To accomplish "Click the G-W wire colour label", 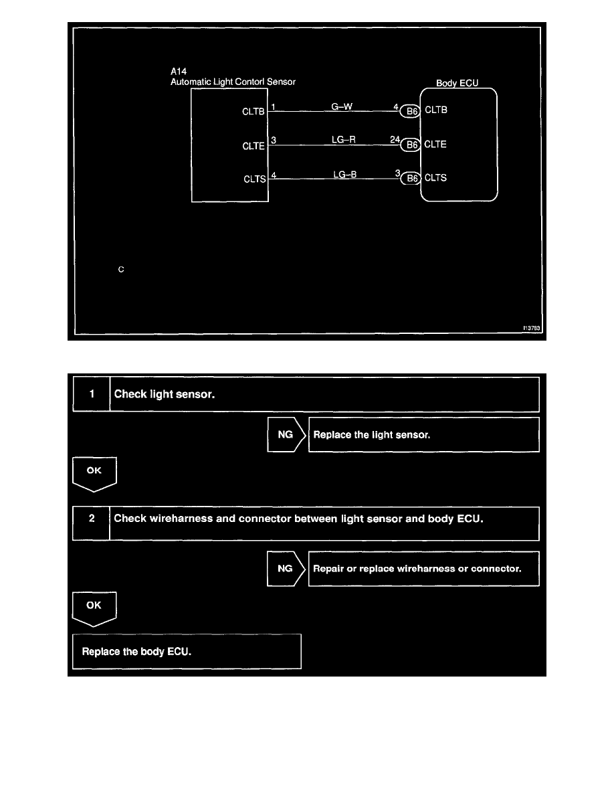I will (342, 106).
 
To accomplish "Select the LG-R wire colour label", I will (343, 139).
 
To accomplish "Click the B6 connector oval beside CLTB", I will (411, 112).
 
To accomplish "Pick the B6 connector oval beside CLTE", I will (411, 145).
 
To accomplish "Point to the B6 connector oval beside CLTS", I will (411, 179).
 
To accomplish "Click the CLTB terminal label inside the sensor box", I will (253, 112).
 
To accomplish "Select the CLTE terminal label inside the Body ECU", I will (436, 145).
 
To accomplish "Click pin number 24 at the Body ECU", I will (395, 140).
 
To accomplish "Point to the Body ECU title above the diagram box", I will (457, 84).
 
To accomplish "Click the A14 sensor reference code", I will (179, 70).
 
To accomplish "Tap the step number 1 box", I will (92, 394).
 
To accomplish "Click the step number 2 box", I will (92, 523).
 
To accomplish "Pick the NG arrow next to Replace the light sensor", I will (286, 434).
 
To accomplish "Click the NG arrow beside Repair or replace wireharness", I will (286, 569).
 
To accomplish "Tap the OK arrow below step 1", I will (94, 472).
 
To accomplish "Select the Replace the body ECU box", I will (187, 650).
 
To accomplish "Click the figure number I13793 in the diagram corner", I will (531, 328).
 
